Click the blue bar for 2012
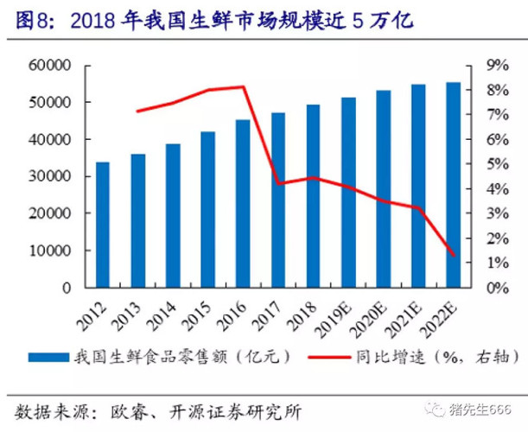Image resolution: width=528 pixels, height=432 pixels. (102, 225)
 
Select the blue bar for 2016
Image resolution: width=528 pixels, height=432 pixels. (243, 203)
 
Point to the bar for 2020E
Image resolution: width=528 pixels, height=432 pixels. (383, 189)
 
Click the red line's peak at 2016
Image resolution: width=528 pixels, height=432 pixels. (243, 86)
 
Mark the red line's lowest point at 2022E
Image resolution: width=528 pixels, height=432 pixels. (454, 255)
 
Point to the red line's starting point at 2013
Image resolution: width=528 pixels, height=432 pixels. (137, 111)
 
